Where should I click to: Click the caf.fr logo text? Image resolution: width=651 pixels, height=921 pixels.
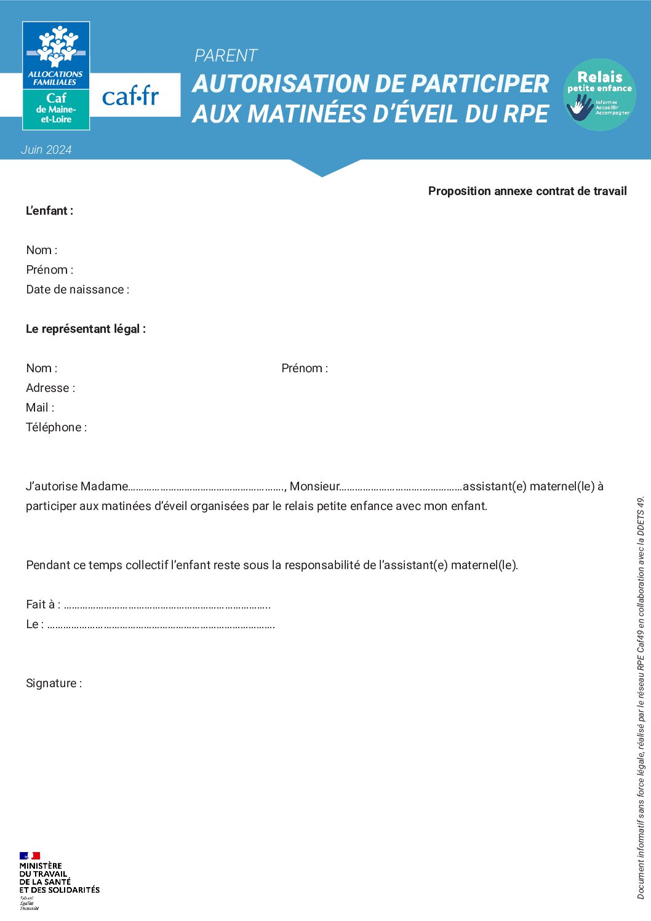(130, 96)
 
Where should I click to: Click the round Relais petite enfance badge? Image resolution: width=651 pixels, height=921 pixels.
(599, 94)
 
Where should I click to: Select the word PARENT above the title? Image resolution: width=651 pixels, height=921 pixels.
(226, 56)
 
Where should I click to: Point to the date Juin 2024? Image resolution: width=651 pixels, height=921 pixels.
(46, 150)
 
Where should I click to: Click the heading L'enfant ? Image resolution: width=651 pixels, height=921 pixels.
(49, 210)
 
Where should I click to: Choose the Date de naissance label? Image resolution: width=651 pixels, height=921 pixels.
(78, 289)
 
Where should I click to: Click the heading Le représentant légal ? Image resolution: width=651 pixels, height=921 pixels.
(86, 329)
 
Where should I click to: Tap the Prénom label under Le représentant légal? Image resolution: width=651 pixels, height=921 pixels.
(305, 368)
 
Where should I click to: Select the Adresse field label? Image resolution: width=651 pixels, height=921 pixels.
(50, 388)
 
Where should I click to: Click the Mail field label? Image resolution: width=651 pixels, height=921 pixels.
(40, 407)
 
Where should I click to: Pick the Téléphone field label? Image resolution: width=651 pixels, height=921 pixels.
(56, 427)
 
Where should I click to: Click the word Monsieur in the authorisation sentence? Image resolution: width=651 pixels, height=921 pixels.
(314, 486)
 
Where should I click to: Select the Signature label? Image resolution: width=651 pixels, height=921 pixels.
(54, 683)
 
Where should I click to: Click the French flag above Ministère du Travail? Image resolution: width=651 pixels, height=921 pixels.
(30, 855)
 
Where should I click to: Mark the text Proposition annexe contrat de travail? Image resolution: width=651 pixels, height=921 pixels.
(527, 191)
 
